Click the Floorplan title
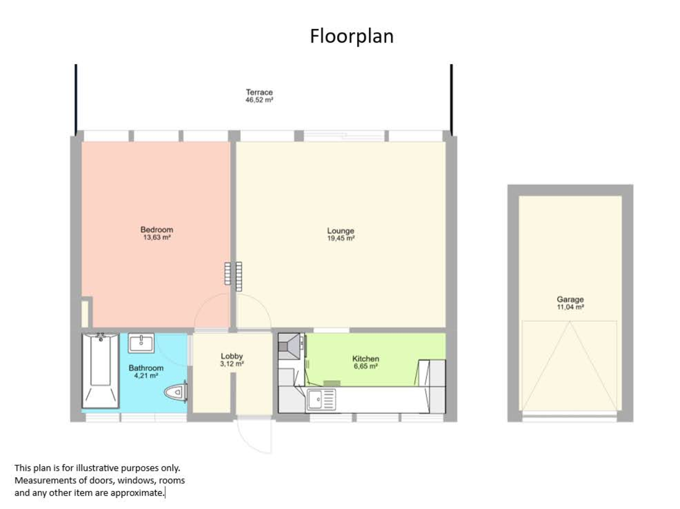click(x=351, y=36)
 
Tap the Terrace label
click(x=259, y=92)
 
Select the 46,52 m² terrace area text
click(x=259, y=100)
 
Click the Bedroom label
click(x=156, y=230)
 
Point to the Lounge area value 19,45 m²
click(x=341, y=239)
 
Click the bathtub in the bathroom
click(x=101, y=370)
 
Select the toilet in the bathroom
click(x=176, y=392)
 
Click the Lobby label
click(x=232, y=356)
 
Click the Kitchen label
click(x=365, y=359)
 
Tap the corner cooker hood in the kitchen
click(x=291, y=345)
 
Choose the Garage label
click(x=569, y=299)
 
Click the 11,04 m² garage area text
click(x=569, y=307)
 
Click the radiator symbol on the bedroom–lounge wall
click(x=233, y=273)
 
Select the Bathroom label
click(x=146, y=367)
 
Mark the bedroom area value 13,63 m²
click(x=156, y=238)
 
